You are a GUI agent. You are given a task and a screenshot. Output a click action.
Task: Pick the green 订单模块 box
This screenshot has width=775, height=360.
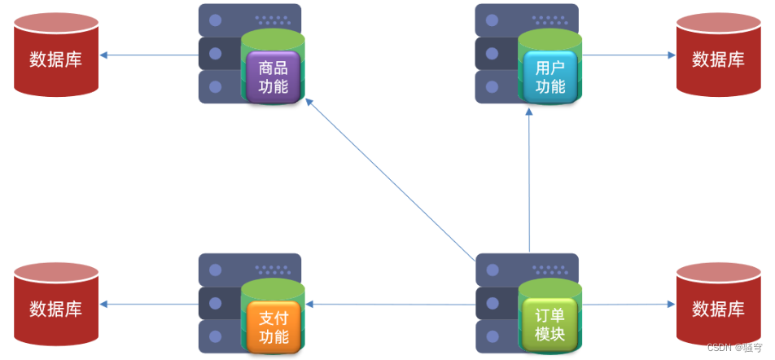(x=550, y=325)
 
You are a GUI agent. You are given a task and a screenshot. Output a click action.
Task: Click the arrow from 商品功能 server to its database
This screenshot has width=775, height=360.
(x=150, y=55)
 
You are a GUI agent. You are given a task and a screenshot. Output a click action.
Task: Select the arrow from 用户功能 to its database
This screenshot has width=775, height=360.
(x=628, y=55)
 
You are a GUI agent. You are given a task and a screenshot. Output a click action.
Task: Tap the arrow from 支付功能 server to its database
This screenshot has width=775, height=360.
(x=150, y=305)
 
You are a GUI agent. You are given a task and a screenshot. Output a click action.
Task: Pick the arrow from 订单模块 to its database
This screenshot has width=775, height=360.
(x=628, y=305)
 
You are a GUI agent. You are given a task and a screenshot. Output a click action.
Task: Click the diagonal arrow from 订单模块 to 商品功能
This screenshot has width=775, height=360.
(x=391, y=179)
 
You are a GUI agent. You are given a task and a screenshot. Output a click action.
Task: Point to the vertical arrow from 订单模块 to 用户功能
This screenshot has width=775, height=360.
(x=529, y=183)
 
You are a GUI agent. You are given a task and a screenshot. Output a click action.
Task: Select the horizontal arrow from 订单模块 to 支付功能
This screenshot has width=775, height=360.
(x=391, y=305)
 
